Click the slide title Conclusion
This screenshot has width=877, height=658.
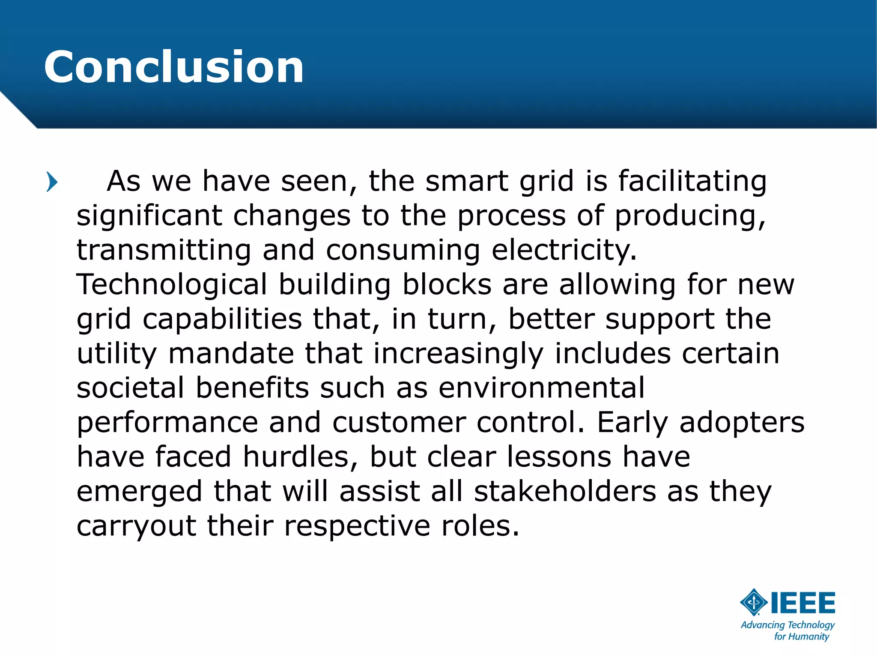(x=173, y=67)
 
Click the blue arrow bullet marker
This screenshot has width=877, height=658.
(x=52, y=182)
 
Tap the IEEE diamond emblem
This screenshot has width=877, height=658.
(x=754, y=602)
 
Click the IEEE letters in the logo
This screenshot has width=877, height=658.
(x=802, y=603)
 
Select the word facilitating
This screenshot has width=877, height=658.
(x=692, y=181)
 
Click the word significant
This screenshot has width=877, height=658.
(x=149, y=216)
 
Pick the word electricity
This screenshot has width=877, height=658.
(x=564, y=250)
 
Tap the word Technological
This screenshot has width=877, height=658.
(x=171, y=285)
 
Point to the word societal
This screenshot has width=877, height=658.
(x=130, y=388)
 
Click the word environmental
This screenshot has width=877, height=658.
(x=541, y=388)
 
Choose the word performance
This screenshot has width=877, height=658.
(x=167, y=423)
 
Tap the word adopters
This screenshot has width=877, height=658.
(x=742, y=423)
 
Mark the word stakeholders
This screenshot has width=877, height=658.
(x=565, y=491)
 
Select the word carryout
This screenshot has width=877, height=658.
(x=136, y=526)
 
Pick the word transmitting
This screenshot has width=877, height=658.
(x=164, y=250)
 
